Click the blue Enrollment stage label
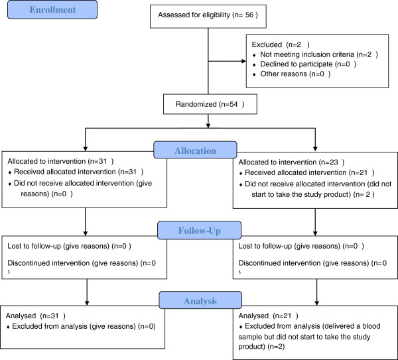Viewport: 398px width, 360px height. pyautogui.click(x=52, y=10)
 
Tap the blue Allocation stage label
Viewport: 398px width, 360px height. pyautogui.click(x=195, y=150)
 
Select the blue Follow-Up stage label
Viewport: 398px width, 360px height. pyautogui.click(x=199, y=230)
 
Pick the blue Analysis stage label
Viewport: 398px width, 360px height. pyautogui.click(x=200, y=300)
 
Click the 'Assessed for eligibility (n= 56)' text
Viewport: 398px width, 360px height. pyautogui.click(x=208, y=15)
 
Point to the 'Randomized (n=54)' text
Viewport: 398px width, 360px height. pyautogui.click(x=210, y=104)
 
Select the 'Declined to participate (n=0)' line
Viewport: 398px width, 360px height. pyautogui.click(x=304, y=64)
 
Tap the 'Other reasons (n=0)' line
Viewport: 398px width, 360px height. pyautogui.click(x=292, y=74)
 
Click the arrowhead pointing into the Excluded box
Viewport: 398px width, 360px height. pyautogui.click(x=243, y=61)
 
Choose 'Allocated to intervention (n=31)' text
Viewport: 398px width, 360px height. pyautogui.click(x=60, y=161)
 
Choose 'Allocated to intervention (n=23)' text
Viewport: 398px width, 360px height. pyautogui.click(x=291, y=162)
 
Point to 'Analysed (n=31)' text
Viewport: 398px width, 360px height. pyautogui.click(x=36, y=316)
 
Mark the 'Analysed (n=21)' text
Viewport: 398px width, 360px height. pyautogui.click(x=268, y=316)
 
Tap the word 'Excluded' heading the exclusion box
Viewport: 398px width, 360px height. pyautogui.click(x=267, y=44)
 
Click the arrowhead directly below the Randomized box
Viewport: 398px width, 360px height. pyautogui.click(x=208, y=125)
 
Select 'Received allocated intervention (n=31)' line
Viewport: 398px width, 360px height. pyautogui.click(x=76, y=172)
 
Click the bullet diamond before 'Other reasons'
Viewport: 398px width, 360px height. pyautogui.click(x=254, y=75)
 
